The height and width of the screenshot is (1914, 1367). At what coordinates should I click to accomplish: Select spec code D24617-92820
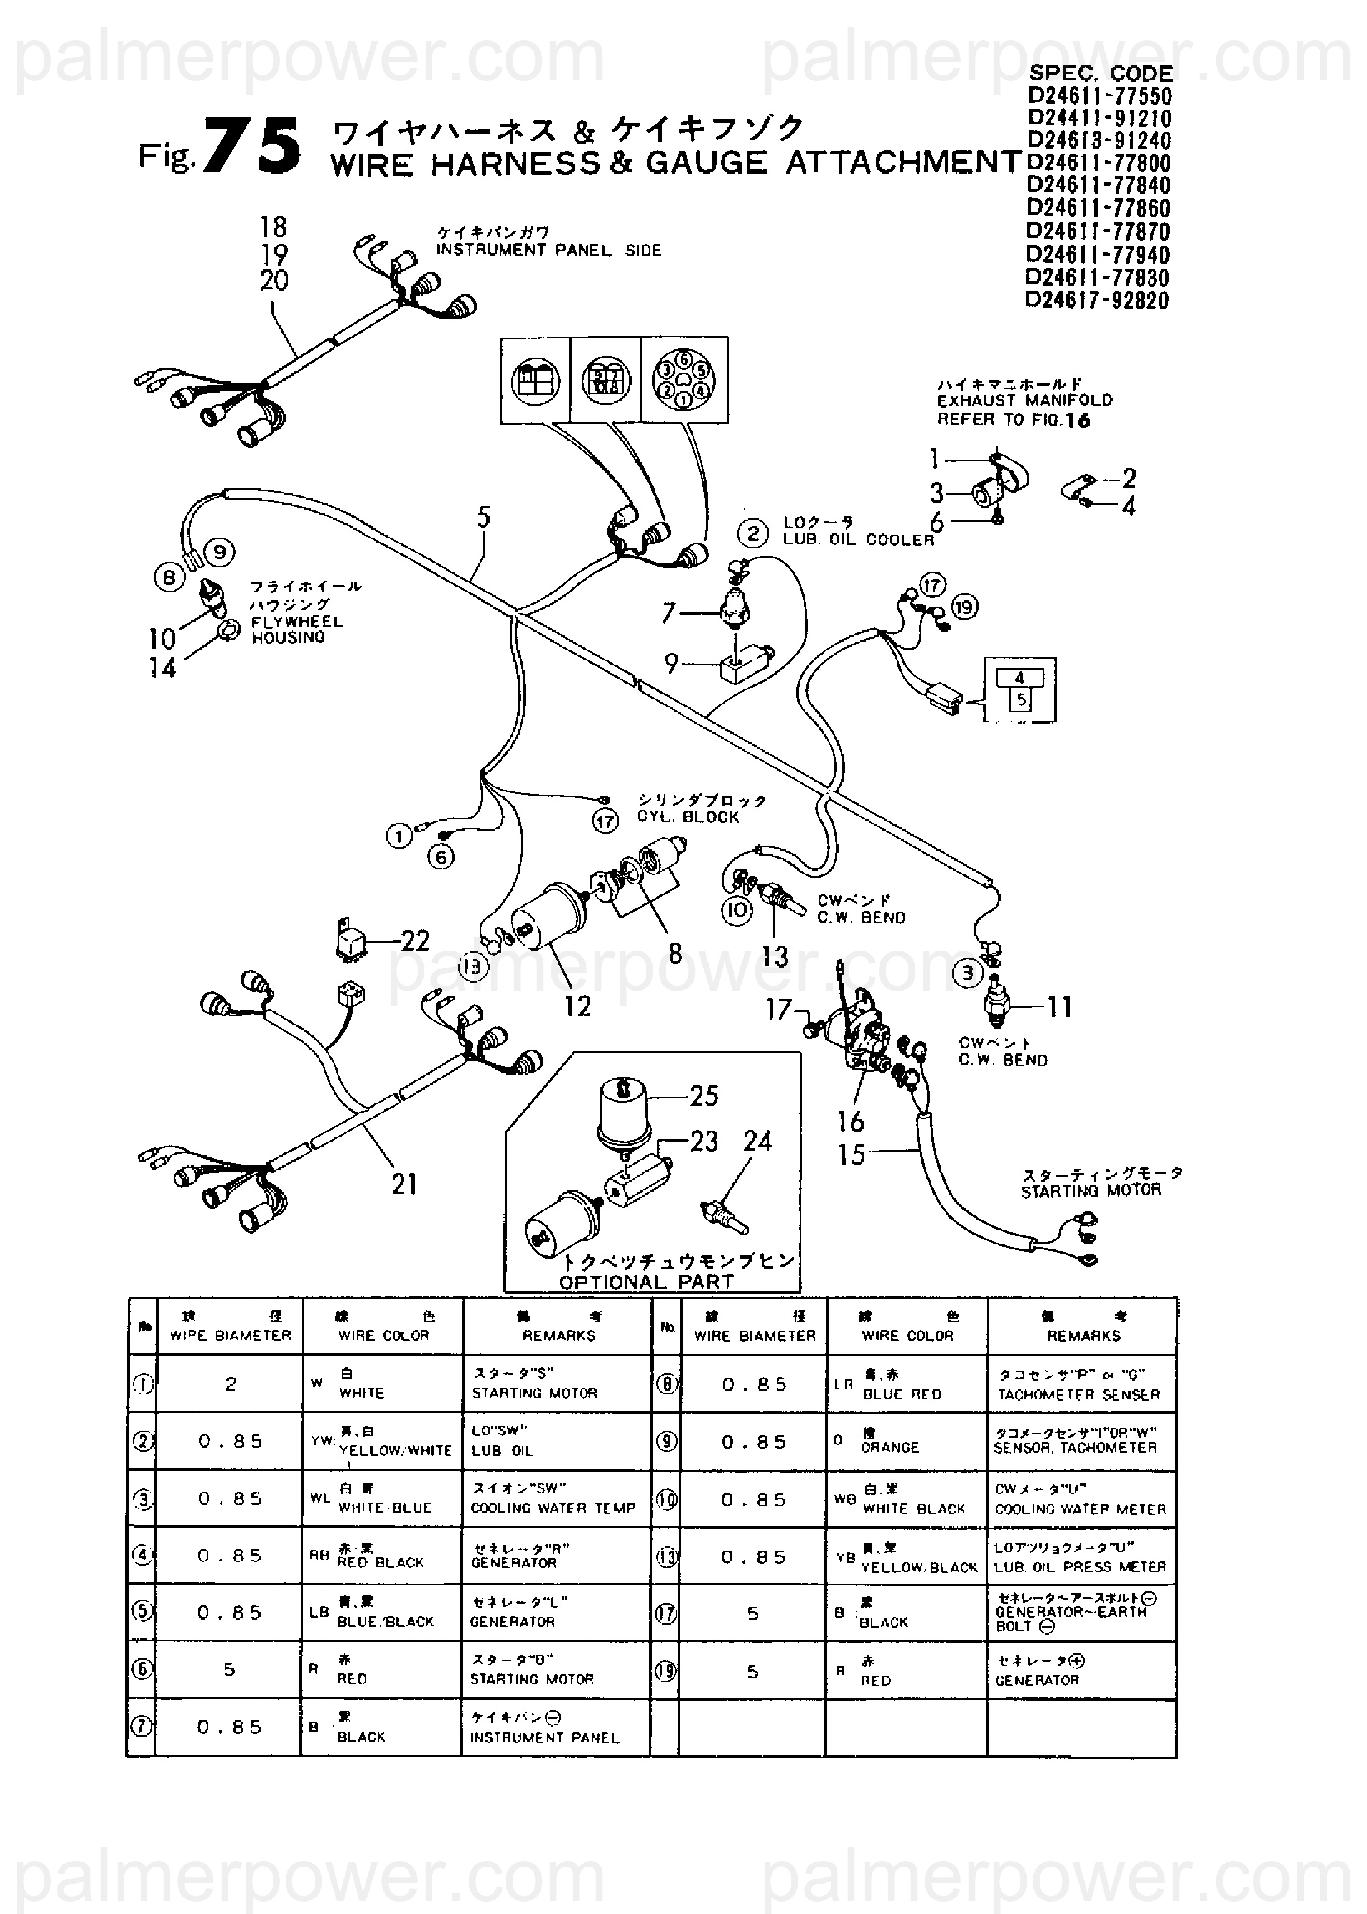1097,301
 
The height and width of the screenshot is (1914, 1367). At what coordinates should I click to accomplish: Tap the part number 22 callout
415,940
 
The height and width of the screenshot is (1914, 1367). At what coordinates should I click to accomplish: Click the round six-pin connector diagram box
684,380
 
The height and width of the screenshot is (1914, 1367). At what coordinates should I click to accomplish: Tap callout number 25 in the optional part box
704,1095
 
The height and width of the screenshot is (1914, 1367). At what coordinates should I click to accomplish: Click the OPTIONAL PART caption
646,1282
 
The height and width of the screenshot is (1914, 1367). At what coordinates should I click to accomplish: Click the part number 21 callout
404,1184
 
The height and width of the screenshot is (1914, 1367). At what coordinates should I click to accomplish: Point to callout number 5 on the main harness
483,517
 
